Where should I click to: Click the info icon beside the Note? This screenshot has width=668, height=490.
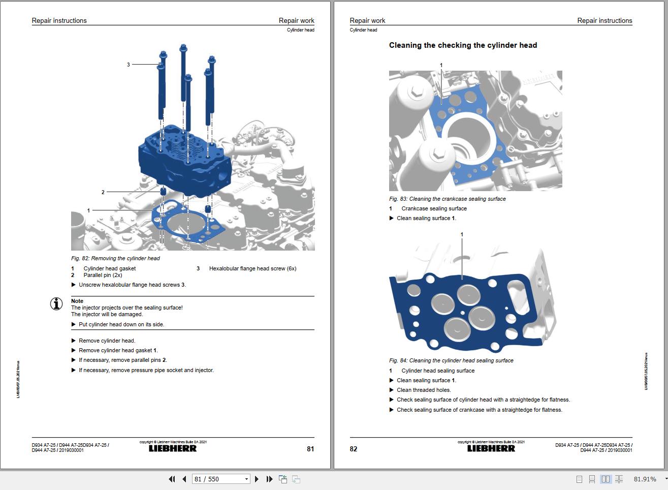point(56,304)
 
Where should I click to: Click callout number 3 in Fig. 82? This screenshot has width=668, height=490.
point(129,65)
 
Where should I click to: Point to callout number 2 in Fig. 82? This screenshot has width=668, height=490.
point(103,192)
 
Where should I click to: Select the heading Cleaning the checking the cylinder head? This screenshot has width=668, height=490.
point(463,45)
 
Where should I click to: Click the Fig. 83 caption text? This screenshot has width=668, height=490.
point(447,199)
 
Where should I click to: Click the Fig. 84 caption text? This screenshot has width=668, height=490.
point(451,360)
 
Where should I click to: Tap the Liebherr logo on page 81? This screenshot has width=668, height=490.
point(173,448)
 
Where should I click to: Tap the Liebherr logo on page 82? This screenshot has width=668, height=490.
point(491,448)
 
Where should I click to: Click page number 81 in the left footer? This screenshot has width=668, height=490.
point(310,449)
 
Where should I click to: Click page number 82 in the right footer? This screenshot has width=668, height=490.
point(354,449)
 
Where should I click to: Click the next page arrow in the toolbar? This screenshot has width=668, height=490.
point(257,479)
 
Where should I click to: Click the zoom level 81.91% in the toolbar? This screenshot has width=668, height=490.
point(645,479)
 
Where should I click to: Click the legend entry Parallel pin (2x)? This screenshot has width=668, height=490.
point(103,275)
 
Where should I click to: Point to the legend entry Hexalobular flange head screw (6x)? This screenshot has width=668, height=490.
point(252,268)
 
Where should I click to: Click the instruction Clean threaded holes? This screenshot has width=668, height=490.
point(424,390)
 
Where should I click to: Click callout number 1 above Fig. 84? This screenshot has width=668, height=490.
point(462,234)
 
